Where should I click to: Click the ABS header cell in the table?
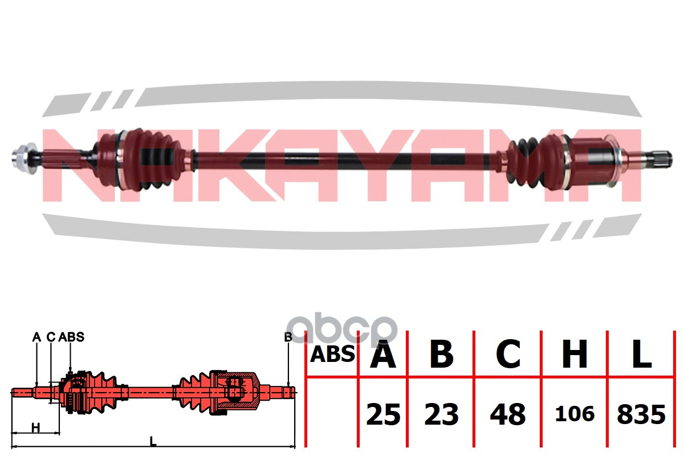click(332, 355)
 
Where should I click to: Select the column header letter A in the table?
click(383, 355)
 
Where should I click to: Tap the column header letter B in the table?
click(441, 355)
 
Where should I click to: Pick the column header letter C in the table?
click(508, 355)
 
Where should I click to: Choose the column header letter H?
click(575, 355)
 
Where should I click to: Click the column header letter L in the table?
click(641, 355)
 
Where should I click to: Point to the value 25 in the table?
click(383, 415)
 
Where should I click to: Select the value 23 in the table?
click(441, 415)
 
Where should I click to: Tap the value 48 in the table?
click(508, 415)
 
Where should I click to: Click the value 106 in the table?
click(575, 414)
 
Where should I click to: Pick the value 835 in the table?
click(641, 415)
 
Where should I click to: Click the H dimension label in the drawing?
click(35, 427)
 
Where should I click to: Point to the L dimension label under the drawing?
click(152, 440)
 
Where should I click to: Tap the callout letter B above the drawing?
click(288, 337)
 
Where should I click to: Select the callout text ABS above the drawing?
click(71, 337)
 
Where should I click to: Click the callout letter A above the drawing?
click(36, 337)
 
